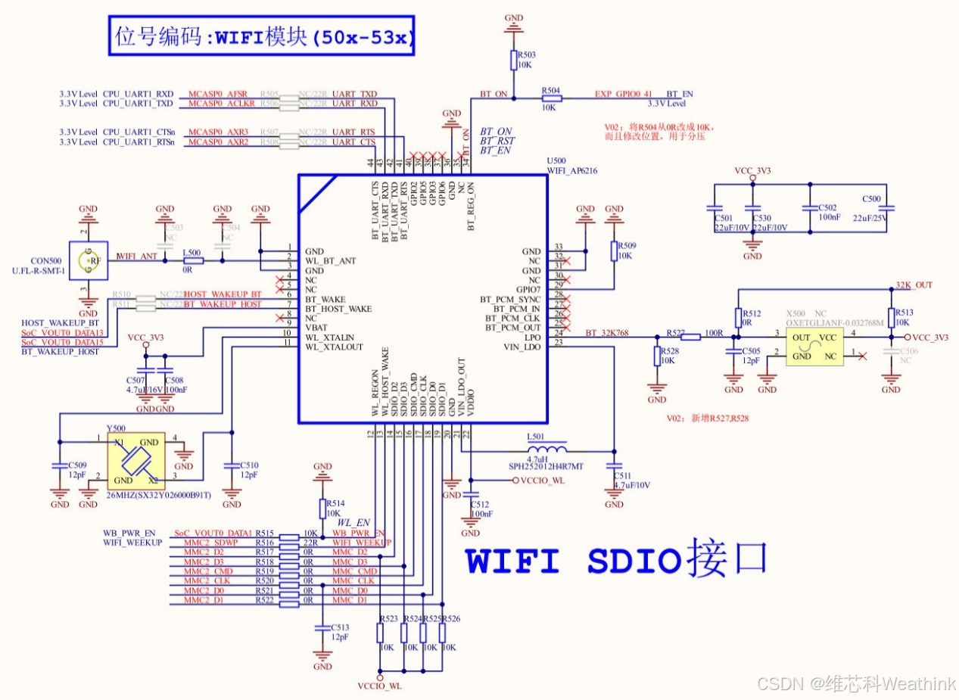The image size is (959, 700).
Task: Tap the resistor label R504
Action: [x=550, y=90]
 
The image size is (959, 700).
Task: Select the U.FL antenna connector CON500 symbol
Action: [x=89, y=262]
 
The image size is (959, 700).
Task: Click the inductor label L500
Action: [x=192, y=252]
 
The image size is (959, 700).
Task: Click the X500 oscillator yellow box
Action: [x=814, y=346]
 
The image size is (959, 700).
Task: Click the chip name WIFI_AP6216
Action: [x=572, y=171]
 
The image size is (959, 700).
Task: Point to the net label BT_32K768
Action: [x=607, y=332]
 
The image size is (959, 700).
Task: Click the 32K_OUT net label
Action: [x=914, y=285]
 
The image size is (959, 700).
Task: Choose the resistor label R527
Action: [x=676, y=332]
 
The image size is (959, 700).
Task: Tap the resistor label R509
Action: [x=627, y=246]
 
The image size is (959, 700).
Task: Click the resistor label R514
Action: [x=335, y=503]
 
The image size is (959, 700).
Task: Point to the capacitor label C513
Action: [x=340, y=627]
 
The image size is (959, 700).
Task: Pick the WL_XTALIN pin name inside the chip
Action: [x=330, y=337]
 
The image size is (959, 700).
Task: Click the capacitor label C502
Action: [x=828, y=207]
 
